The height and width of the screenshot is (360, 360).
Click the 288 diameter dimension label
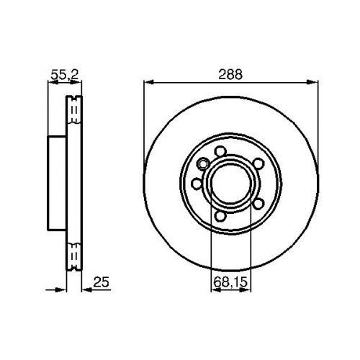click(x=230, y=74)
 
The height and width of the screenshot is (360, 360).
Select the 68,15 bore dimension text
click(x=230, y=282)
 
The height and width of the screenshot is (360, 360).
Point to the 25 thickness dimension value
click(x=101, y=282)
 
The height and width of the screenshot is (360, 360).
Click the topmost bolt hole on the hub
click(x=220, y=151)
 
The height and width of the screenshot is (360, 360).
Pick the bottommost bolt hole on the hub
click(x=220, y=216)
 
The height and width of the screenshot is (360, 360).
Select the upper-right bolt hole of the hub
click(x=258, y=163)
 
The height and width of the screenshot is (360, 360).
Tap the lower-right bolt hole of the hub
click(x=258, y=204)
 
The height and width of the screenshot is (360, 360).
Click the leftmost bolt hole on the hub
click(x=197, y=184)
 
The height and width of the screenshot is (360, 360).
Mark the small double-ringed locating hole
click(x=203, y=163)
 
